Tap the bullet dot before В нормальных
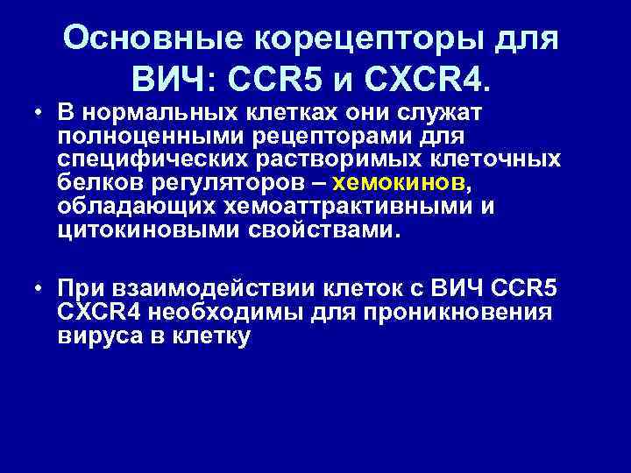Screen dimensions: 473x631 pos(40,116)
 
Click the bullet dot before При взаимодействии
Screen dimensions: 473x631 pos(40,290)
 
